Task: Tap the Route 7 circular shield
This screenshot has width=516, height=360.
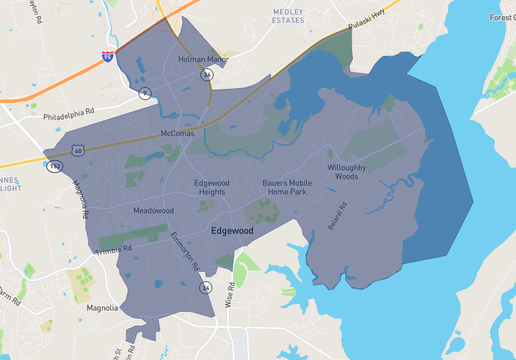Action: pyautogui.click(x=144, y=94)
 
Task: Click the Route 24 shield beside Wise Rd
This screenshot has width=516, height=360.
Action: pyautogui.click(x=205, y=288)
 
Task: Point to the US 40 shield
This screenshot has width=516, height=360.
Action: pyautogui.click(x=76, y=150)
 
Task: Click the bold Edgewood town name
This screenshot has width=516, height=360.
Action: pyautogui.click(x=232, y=231)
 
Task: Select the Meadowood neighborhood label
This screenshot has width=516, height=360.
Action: pyautogui.click(x=153, y=211)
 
